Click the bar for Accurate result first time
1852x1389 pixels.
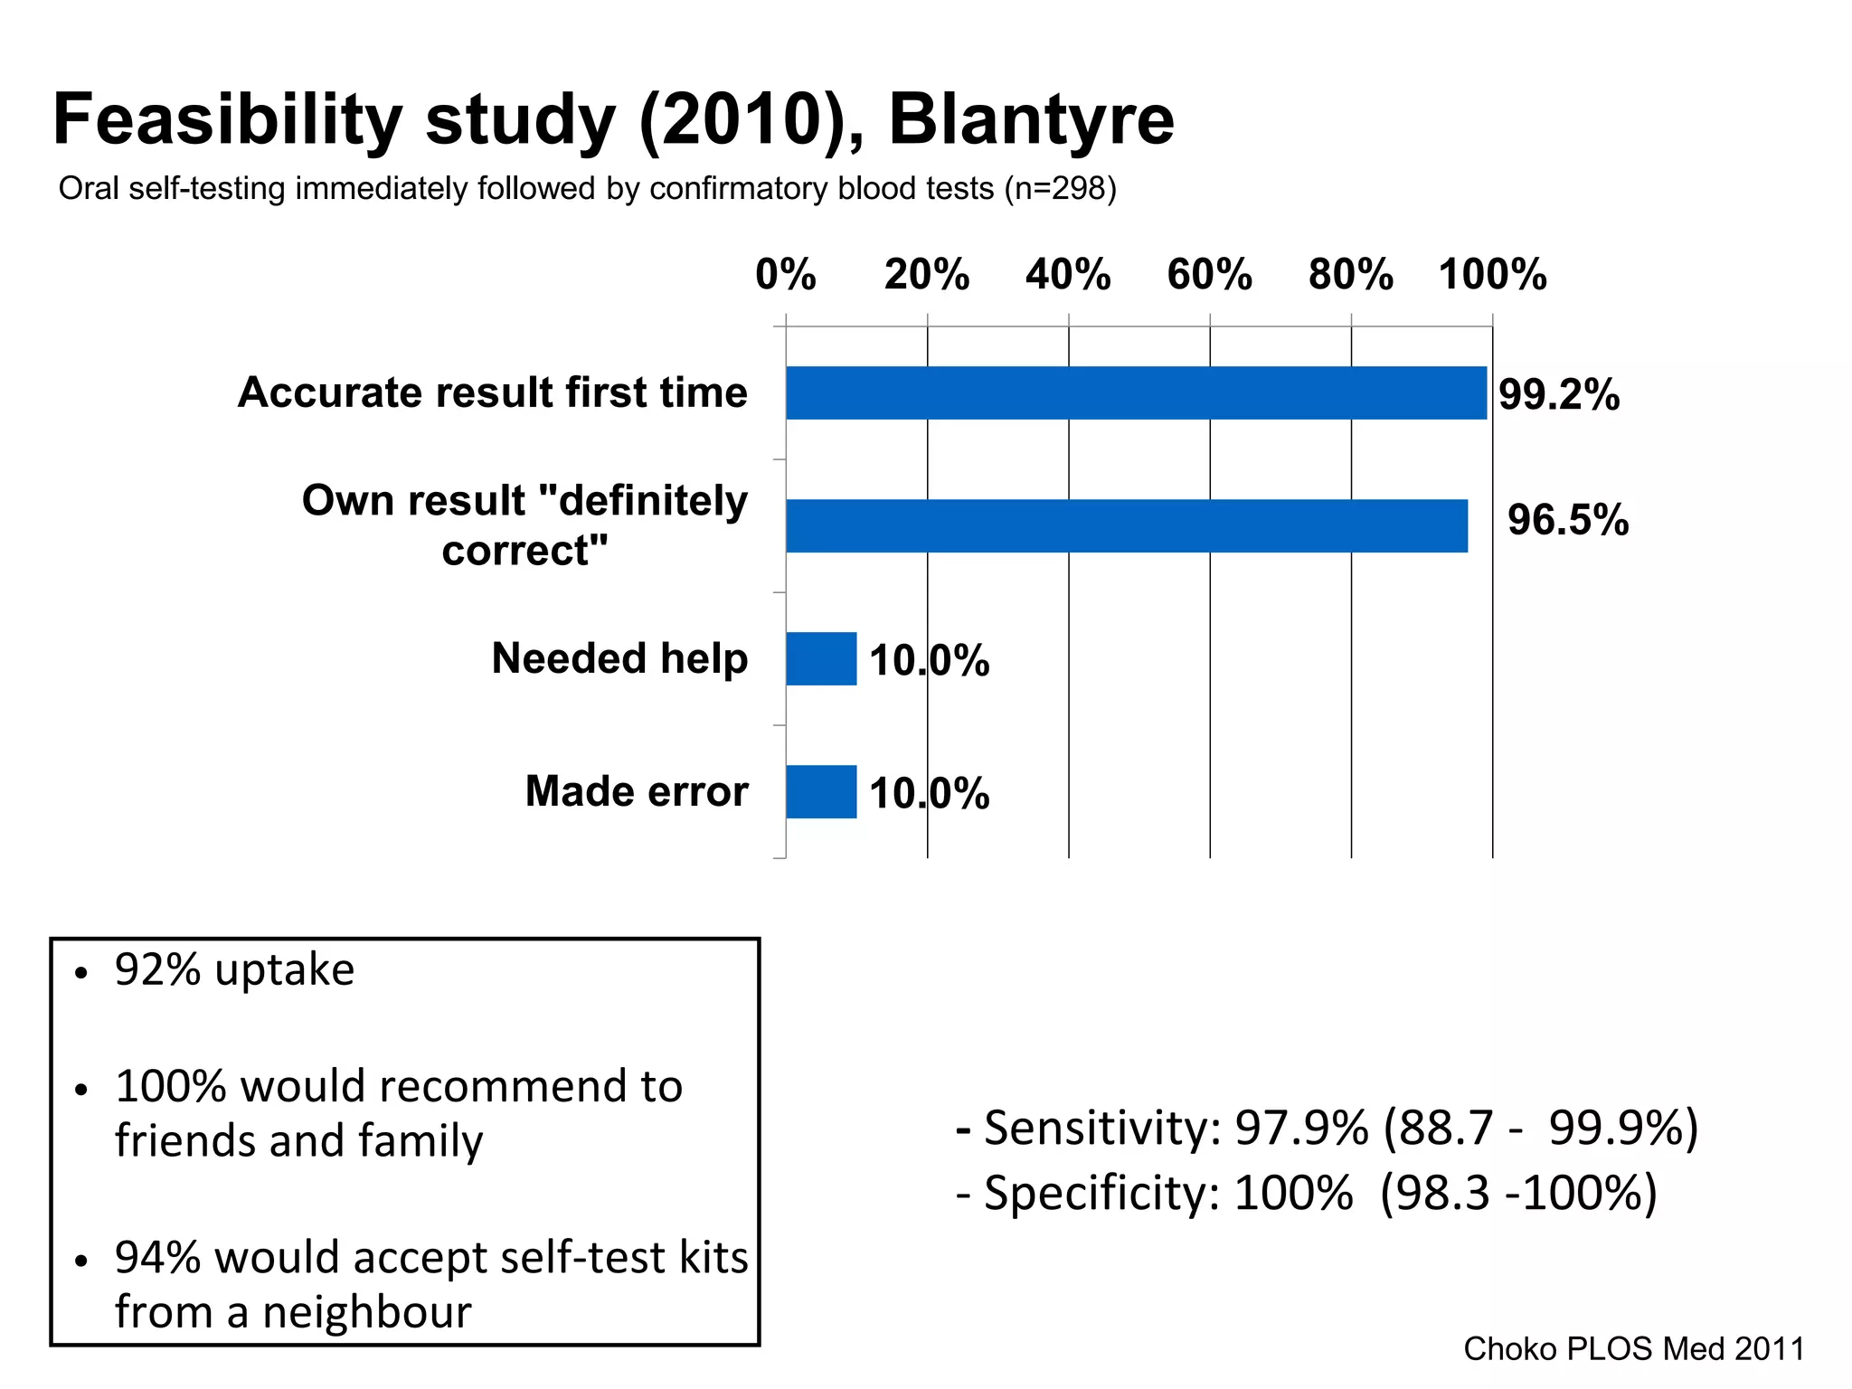coord(1135,393)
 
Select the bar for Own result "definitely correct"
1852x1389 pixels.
coord(1126,526)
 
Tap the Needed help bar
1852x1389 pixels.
coord(821,659)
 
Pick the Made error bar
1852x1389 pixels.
coord(821,792)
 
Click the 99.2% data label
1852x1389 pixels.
coord(1559,395)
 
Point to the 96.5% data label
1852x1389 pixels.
coord(1568,520)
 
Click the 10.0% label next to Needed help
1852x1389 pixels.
coord(930,660)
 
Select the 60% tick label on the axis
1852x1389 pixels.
coord(1209,274)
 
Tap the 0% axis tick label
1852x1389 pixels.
coord(786,274)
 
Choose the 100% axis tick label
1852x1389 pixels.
coord(1492,274)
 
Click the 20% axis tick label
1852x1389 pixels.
coord(927,274)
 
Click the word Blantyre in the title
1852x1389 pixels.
coord(1031,119)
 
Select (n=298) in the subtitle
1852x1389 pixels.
coord(1060,189)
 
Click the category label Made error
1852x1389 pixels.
coord(637,791)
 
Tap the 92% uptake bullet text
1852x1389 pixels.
coord(235,970)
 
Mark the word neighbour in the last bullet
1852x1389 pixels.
coord(367,1312)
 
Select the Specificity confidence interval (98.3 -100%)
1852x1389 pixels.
coord(1519,1193)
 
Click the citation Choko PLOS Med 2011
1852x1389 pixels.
coord(1633,1348)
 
